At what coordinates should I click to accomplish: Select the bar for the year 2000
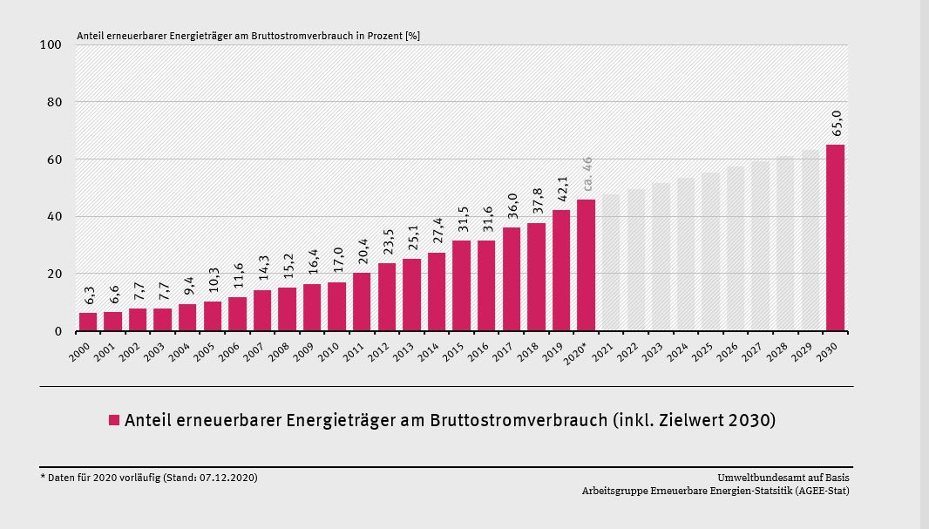tap(88, 322)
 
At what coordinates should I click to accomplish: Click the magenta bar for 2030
tap(835, 238)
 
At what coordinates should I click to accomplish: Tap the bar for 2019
tap(561, 270)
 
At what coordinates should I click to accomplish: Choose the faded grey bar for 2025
tap(710, 251)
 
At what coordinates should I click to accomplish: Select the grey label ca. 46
tap(587, 173)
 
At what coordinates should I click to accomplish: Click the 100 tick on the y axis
tap(50, 44)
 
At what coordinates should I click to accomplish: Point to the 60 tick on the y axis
tap(53, 159)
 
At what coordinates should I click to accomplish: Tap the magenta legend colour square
tap(113, 421)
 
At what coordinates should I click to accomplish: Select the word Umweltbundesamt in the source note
tap(756, 477)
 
